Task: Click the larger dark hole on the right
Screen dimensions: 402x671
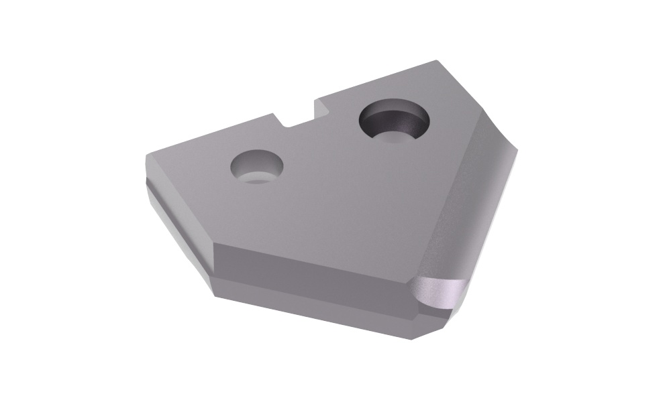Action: tap(395, 122)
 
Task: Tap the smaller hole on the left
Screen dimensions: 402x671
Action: tap(257, 167)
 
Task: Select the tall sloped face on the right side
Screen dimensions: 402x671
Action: tap(470, 201)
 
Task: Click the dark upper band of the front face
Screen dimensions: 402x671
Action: tap(309, 265)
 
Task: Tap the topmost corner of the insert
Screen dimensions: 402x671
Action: tap(437, 61)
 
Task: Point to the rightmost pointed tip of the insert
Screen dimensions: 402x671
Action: tap(517, 150)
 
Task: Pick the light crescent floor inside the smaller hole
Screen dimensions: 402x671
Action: tap(258, 177)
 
